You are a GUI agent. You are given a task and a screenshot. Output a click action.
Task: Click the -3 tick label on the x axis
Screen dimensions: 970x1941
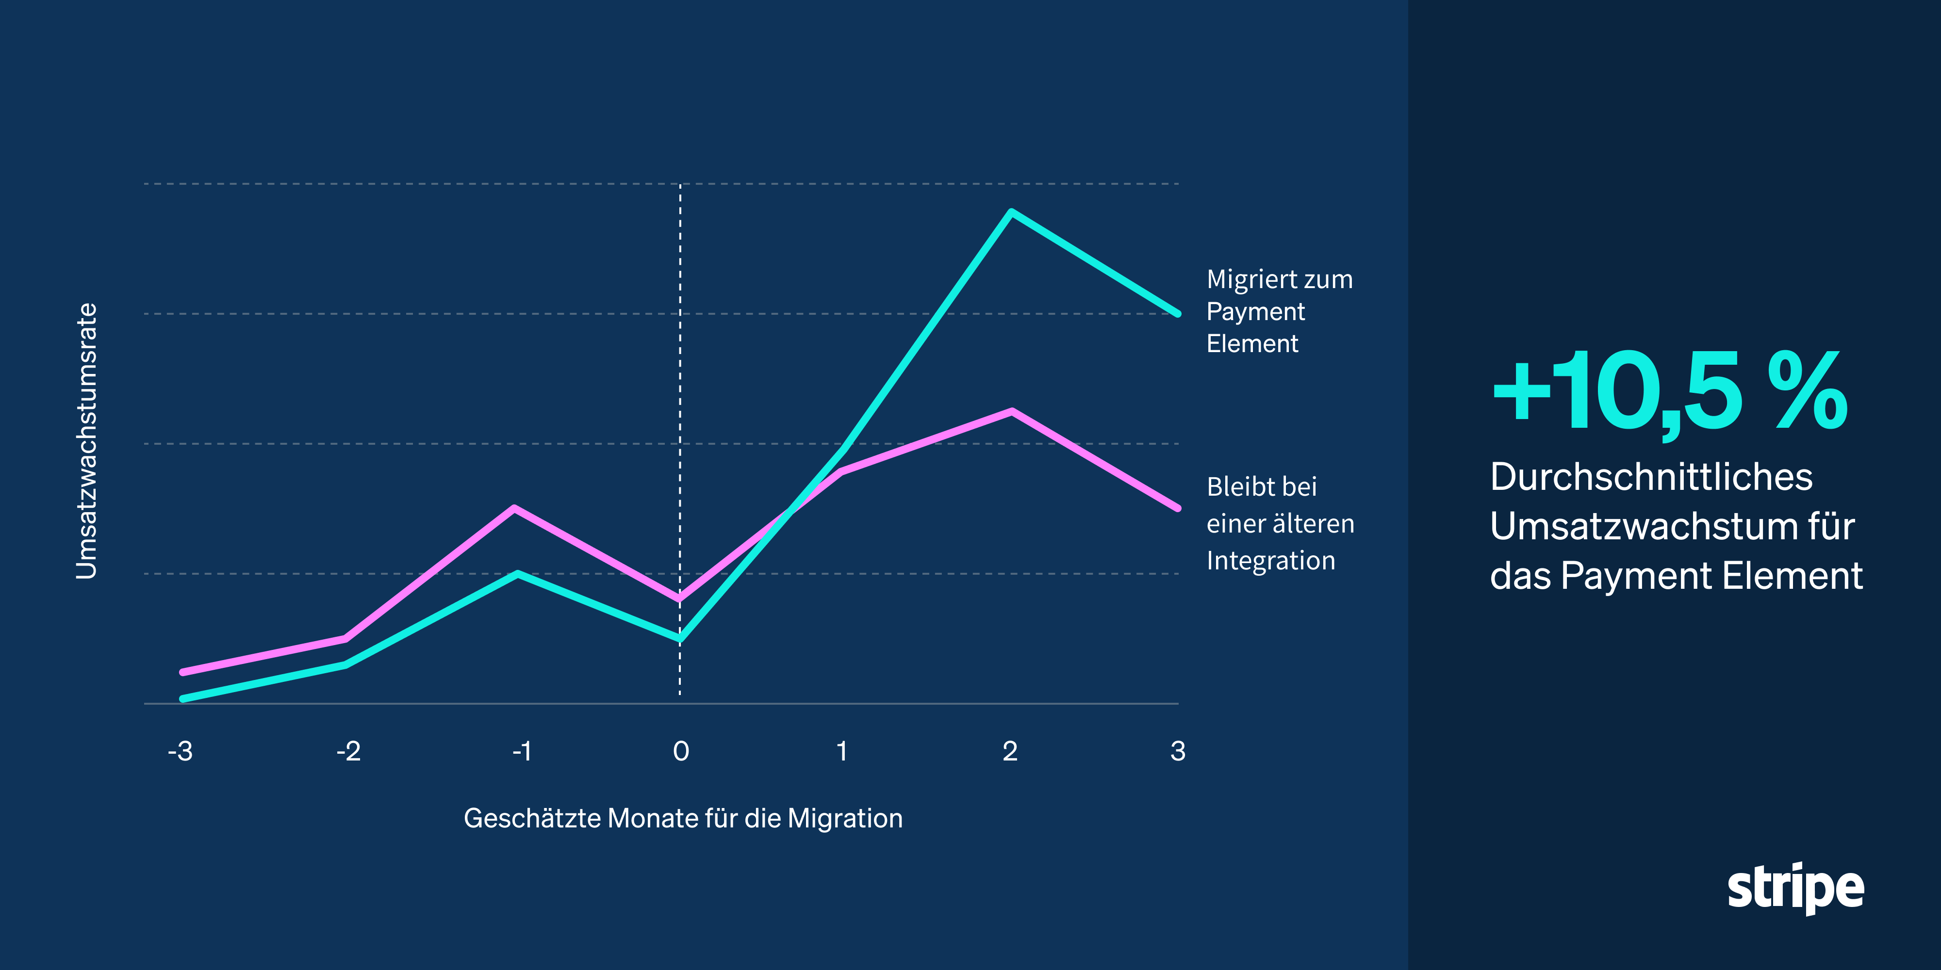[181, 751]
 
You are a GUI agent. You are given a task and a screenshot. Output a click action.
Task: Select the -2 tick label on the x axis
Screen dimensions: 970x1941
[349, 751]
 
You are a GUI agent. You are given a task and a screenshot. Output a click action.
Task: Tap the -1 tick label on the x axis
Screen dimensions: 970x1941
[522, 751]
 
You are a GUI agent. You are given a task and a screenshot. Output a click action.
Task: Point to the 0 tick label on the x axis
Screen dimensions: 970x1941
[680, 751]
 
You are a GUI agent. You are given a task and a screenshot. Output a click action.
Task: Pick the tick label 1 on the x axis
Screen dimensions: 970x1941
[841, 751]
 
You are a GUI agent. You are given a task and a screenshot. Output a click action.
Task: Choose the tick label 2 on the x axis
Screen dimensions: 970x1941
[1010, 751]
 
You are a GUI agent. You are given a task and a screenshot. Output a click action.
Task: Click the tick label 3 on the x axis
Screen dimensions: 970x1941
[1178, 751]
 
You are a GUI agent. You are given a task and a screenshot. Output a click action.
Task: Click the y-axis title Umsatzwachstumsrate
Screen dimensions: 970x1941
[87, 441]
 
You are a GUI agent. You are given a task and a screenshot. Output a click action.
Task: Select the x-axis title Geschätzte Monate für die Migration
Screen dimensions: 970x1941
[683, 818]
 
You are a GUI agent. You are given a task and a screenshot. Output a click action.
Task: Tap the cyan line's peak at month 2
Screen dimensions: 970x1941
[1011, 212]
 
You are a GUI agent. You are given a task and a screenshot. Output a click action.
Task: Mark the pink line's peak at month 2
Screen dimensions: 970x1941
[1012, 411]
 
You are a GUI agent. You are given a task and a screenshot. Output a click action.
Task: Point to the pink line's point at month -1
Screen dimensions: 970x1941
[514, 508]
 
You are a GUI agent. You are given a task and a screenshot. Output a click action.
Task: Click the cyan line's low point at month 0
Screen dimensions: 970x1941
[680, 639]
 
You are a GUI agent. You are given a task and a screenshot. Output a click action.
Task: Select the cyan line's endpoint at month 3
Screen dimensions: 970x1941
[1177, 313]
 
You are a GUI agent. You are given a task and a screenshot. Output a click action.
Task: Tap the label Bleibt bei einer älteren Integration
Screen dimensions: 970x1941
[1280, 523]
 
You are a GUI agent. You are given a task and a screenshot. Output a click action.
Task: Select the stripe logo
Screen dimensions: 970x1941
[1795, 889]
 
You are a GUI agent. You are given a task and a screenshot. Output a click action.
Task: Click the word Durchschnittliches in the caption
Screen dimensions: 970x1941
[1651, 477]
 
